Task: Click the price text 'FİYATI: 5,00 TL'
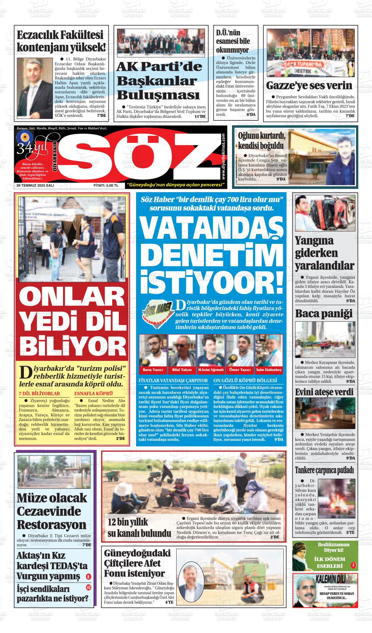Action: [106, 185]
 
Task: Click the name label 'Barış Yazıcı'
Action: [153, 370]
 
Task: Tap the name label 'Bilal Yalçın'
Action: [182, 370]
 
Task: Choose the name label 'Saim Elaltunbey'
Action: [269, 370]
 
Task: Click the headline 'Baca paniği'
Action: [324, 314]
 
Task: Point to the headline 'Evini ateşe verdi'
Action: [324, 392]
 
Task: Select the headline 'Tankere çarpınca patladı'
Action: [324, 470]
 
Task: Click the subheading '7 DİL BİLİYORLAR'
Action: [39, 394]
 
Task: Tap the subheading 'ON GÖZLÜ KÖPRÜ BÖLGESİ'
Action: [245, 380]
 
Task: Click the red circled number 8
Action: [88, 577]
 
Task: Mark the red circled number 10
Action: [88, 588]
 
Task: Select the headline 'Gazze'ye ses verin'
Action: [309, 85]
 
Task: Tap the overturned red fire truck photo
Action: [325, 213]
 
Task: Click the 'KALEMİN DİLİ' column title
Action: [330, 580]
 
